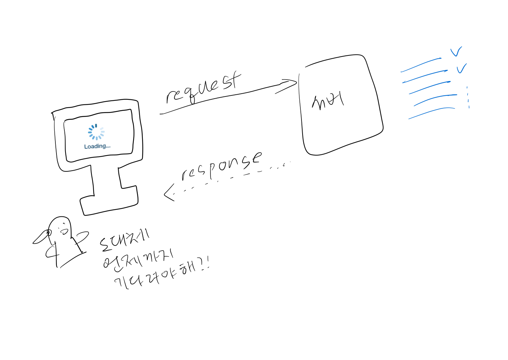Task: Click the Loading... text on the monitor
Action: coord(97,146)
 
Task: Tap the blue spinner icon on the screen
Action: coord(96,132)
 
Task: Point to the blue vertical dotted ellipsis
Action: coord(468,97)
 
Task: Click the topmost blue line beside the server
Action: coord(421,65)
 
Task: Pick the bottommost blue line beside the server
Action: coord(432,113)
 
